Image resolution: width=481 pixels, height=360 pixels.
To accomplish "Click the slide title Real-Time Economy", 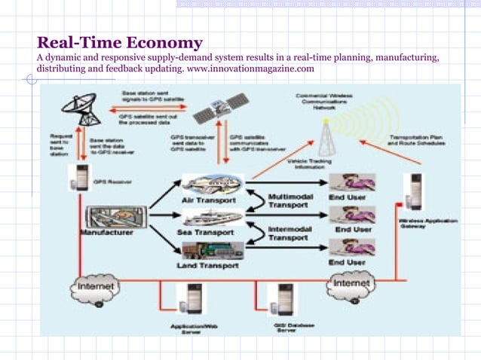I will pos(120,42).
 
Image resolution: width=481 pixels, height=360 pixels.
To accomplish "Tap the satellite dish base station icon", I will pos(81,105).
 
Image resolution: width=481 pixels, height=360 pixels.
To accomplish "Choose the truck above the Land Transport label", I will pos(207,249).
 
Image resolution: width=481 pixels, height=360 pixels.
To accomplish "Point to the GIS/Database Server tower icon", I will pos(285,301).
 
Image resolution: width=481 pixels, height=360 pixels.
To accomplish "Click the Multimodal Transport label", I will pos(288,200).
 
